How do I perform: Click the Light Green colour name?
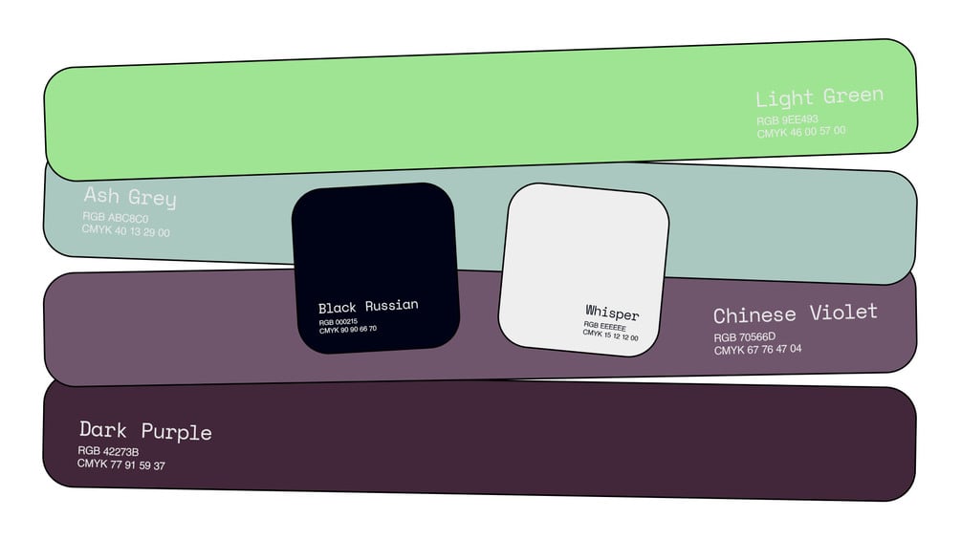pos(819,97)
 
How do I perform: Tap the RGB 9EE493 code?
pos(787,120)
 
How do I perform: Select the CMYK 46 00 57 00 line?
pos(801,132)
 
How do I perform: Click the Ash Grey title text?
pos(130,197)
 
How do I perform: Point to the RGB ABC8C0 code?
pos(116,218)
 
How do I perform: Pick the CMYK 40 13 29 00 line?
pos(125,230)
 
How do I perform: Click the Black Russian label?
pos(368,307)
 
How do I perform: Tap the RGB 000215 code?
pos(339,321)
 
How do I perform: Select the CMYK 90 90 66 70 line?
pos(348,330)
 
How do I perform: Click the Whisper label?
pos(612,313)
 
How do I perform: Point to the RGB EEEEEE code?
pos(605,326)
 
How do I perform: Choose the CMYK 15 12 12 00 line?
pos(611,335)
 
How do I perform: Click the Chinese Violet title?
pos(795,313)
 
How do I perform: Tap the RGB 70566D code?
pos(744,337)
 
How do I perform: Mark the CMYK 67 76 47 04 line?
pos(757,350)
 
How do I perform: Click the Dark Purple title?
pos(145,430)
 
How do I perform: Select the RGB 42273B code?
pos(109,451)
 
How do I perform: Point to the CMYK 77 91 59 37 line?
pos(121,464)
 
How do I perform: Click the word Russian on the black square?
pos(390,306)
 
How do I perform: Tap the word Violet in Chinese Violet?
pos(843,313)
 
